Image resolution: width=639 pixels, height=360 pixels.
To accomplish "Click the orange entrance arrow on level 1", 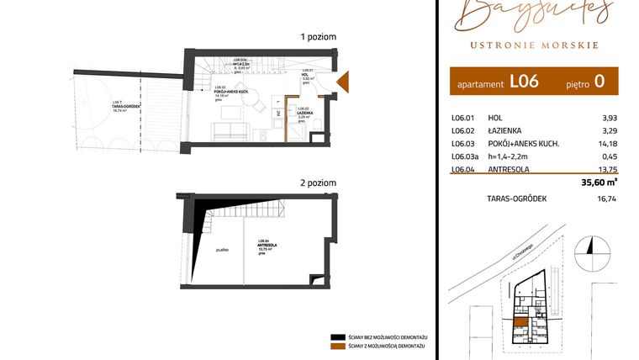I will coord(342,82).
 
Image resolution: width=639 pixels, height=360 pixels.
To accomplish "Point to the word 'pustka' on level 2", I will coord(223,250).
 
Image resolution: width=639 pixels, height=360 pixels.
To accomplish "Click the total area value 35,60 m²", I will coord(599,180).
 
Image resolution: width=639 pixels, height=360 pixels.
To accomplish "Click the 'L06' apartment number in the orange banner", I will coord(524,82).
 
